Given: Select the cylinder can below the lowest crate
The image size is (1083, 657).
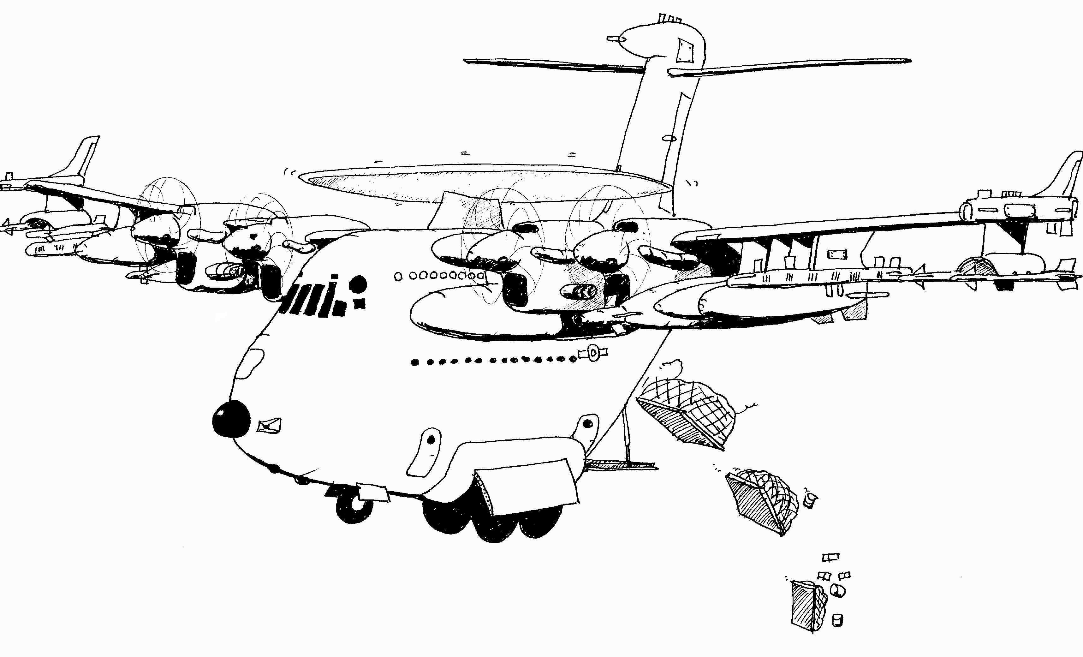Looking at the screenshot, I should pyautogui.click(x=838, y=620).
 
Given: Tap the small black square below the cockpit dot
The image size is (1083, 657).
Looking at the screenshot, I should pyautogui.click(x=360, y=303).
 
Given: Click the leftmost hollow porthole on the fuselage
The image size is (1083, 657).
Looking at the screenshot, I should pyautogui.click(x=399, y=276).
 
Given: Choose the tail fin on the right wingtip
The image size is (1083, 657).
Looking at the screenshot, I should pyautogui.click(x=1066, y=176).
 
